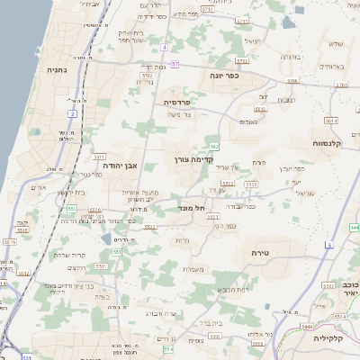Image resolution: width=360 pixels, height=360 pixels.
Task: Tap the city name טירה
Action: point(256,255)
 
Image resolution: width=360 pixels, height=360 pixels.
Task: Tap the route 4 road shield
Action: point(166,47)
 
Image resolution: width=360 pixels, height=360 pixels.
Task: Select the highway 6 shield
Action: point(329,245)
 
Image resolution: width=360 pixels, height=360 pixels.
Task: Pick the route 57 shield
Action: point(175,65)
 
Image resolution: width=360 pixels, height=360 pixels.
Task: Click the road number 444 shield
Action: point(355,227)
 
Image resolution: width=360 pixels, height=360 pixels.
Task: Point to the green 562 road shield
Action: point(214,145)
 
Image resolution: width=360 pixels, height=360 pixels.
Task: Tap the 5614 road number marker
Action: point(330,120)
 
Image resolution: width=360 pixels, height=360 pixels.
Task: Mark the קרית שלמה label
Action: point(68,255)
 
